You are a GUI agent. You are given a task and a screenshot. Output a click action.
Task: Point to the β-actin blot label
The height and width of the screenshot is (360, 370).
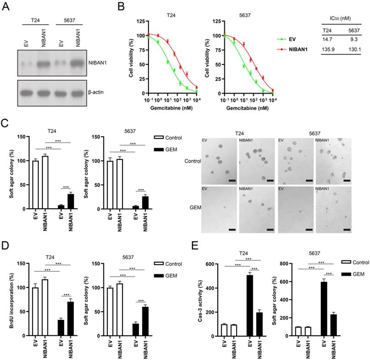pyautogui.click(x=99, y=92)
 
